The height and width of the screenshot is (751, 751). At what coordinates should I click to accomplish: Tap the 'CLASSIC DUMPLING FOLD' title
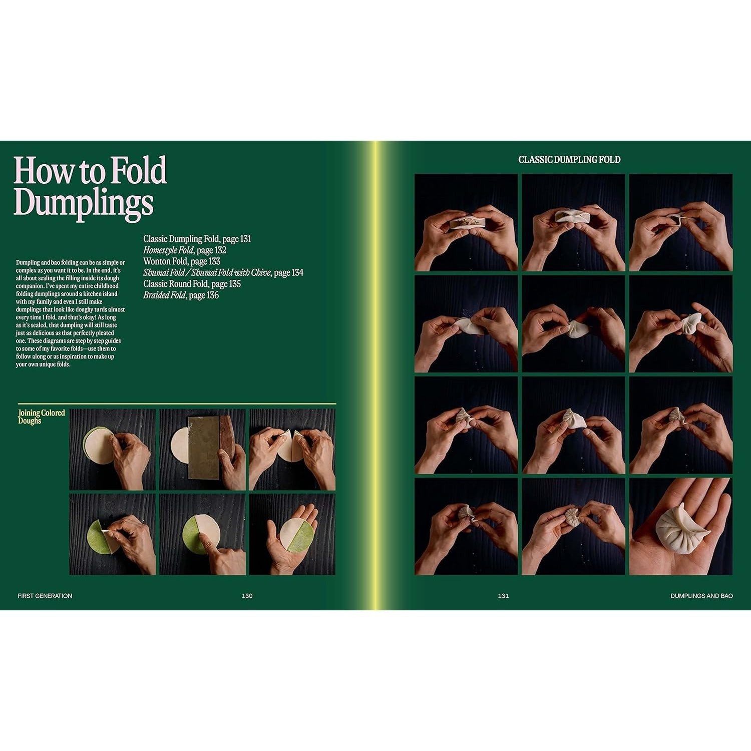click(569, 160)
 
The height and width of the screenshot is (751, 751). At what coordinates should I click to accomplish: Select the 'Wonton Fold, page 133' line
click(182, 261)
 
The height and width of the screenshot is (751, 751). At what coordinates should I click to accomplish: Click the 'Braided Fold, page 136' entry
click(181, 295)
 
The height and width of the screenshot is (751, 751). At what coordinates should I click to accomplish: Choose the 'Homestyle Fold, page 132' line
click(185, 250)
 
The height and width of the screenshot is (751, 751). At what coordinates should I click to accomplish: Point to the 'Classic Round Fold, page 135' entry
click(192, 284)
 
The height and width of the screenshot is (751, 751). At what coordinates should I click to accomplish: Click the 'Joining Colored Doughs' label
click(42, 417)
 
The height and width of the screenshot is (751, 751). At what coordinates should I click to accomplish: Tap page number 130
click(247, 596)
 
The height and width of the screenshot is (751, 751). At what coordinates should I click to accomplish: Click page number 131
click(503, 596)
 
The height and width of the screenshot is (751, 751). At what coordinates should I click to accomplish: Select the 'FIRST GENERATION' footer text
click(45, 596)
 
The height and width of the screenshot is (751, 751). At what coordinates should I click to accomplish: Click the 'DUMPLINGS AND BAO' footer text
click(701, 596)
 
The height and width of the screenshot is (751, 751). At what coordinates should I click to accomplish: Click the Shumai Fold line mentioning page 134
click(223, 272)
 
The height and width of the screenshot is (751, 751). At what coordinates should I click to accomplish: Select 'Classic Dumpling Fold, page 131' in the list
click(197, 239)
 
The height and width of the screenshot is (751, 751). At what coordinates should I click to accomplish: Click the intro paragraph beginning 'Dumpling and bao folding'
click(71, 313)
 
